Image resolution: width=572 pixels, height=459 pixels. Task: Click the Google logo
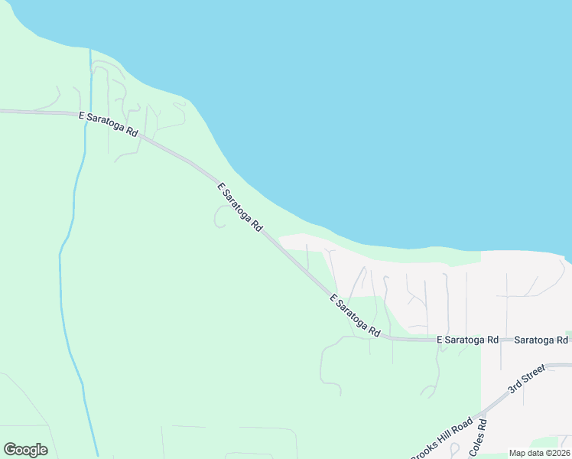click(x=25, y=450)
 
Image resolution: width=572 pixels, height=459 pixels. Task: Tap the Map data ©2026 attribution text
click(x=539, y=453)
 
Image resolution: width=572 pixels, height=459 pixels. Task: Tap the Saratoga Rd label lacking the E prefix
click(x=541, y=340)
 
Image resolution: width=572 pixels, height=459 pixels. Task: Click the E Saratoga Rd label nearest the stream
click(x=108, y=125)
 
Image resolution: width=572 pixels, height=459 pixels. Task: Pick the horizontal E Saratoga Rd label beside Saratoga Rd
click(x=467, y=340)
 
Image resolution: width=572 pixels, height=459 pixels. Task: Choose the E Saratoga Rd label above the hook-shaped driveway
click(x=240, y=207)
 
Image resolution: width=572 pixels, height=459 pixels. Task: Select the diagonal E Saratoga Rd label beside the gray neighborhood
click(x=355, y=316)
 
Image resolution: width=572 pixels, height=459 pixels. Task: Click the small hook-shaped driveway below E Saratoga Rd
click(x=219, y=219)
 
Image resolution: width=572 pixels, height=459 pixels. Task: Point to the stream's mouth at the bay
click(x=90, y=50)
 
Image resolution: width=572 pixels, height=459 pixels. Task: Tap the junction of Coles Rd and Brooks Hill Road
click(x=483, y=414)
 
